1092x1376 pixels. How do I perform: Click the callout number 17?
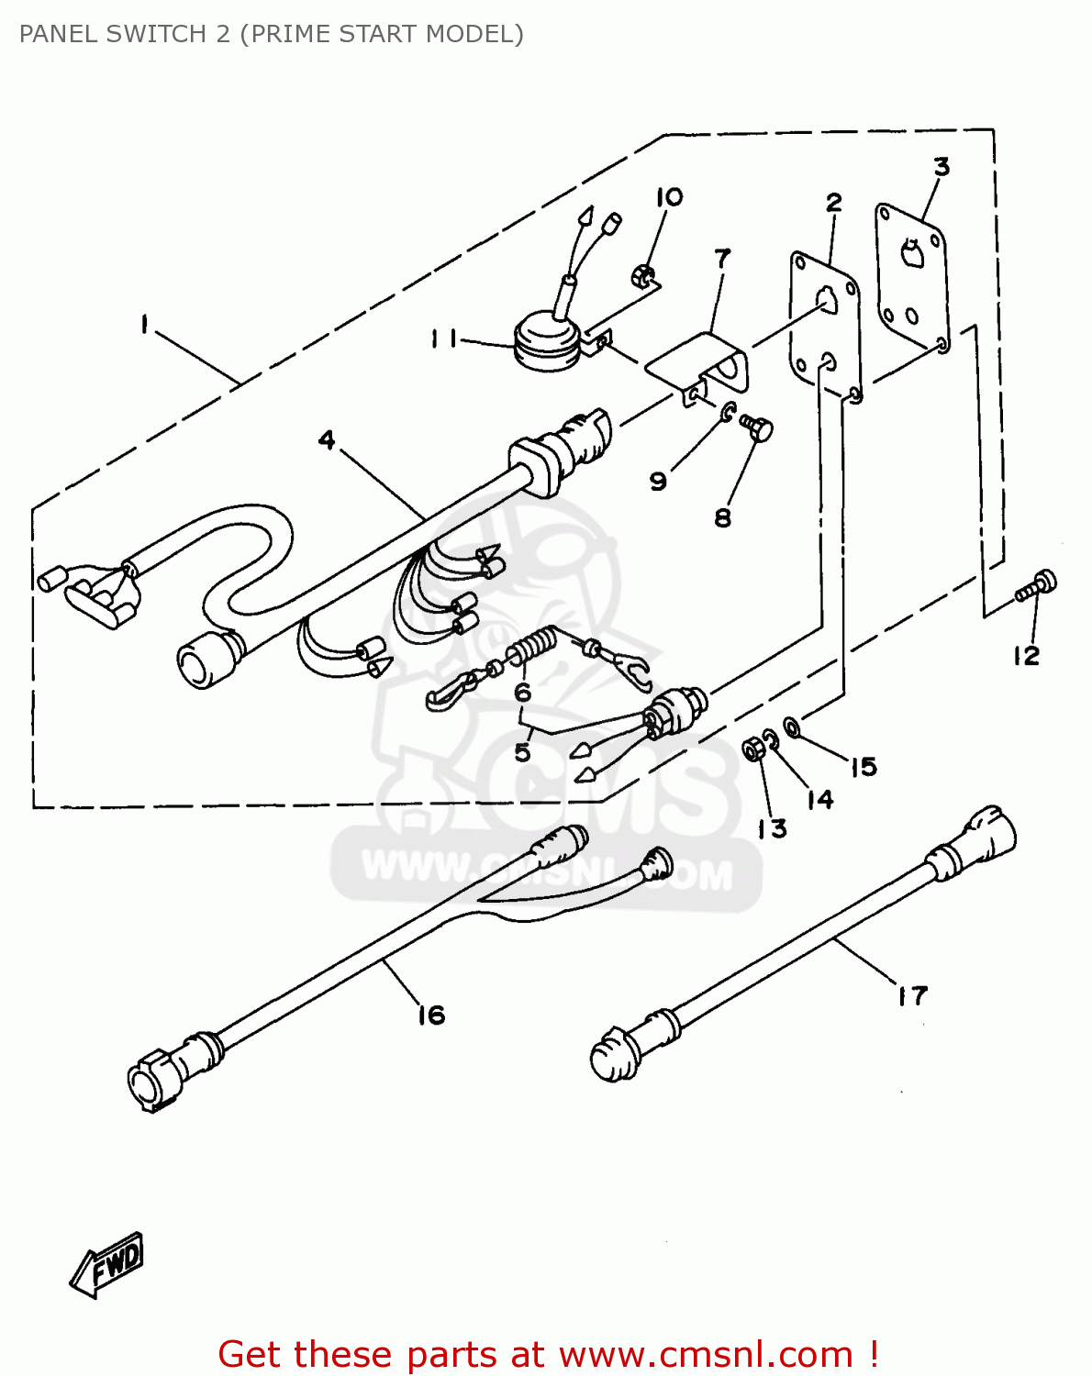click(x=912, y=995)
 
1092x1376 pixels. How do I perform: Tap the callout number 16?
click(x=431, y=1015)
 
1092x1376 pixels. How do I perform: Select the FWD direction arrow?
click(x=108, y=1265)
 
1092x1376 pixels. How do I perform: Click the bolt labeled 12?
click(x=1039, y=586)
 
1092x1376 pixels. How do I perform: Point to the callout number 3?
click(x=942, y=167)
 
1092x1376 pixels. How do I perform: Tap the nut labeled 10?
click(x=643, y=273)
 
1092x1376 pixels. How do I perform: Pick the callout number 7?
click(x=723, y=259)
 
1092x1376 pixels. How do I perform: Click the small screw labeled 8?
click(x=758, y=427)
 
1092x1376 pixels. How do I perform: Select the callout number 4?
click(x=327, y=440)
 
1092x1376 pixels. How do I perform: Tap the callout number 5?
click(x=522, y=752)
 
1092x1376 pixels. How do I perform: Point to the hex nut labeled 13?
click(x=753, y=749)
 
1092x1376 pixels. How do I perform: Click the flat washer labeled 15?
click(x=792, y=727)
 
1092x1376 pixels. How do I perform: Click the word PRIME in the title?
click(x=291, y=34)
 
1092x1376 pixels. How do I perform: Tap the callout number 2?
click(x=833, y=202)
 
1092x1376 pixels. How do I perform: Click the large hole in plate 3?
click(x=911, y=252)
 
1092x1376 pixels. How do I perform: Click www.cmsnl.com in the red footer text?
click(x=706, y=1354)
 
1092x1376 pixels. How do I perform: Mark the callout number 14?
click(x=819, y=799)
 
